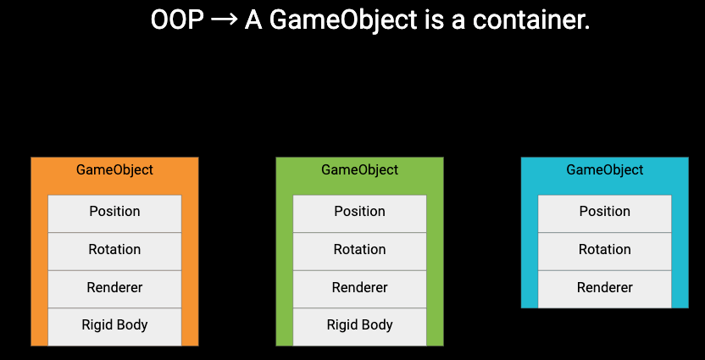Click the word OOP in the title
177,20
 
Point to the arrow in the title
224,20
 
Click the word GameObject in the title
331,21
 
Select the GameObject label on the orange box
114,170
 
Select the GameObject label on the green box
359,170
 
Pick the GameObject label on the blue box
605,170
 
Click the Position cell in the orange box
114,213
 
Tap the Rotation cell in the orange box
114,252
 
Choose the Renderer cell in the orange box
114,289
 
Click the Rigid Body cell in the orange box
114,327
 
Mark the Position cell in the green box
359,213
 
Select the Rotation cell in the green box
359,252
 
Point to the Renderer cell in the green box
359,289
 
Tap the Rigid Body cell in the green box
359,327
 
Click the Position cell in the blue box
605,213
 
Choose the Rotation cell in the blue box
605,252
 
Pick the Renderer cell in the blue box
605,289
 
